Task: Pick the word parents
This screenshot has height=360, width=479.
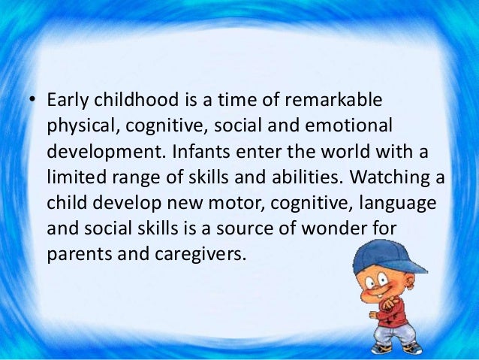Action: [x=77, y=255]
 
